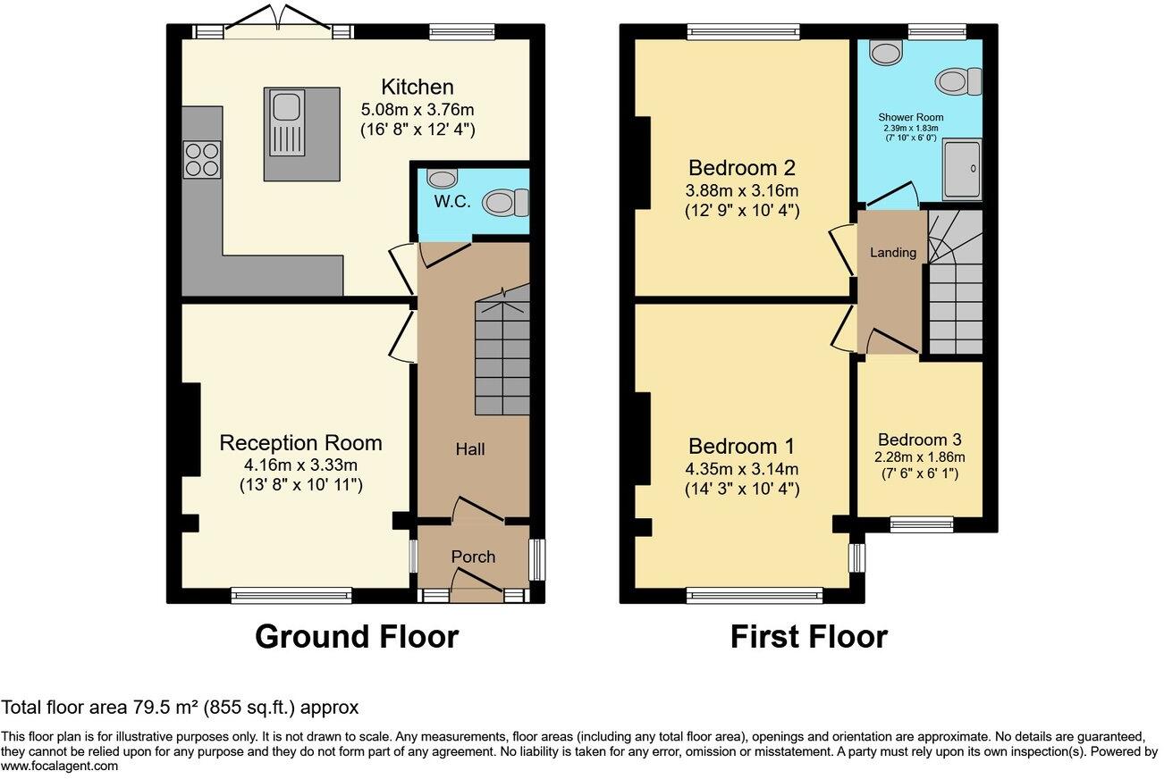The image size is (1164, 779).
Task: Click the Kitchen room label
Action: tap(418, 87)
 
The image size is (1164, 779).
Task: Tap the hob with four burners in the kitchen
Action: tap(201, 159)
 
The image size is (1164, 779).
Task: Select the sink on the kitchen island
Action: tap(285, 108)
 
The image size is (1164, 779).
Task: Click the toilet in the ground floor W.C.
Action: tap(506, 203)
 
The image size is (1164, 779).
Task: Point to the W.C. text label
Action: tap(452, 202)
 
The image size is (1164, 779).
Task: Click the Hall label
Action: tap(470, 448)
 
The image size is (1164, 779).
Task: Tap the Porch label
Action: tap(473, 557)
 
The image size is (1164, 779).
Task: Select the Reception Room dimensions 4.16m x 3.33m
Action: tap(300, 465)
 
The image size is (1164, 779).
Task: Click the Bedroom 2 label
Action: tap(742, 168)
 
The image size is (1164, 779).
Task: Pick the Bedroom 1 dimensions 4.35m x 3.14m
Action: tap(742, 469)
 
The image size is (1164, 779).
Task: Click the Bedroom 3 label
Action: tap(919, 440)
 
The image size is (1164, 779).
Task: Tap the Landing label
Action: tap(893, 253)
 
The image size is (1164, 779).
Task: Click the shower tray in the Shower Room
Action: tap(963, 168)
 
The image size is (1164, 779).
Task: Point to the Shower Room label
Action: tap(910, 117)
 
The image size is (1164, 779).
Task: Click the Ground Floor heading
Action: tap(357, 637)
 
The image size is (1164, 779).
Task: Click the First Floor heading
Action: tap(808, 637)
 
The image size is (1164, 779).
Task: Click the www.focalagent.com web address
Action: tap(59, 766)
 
